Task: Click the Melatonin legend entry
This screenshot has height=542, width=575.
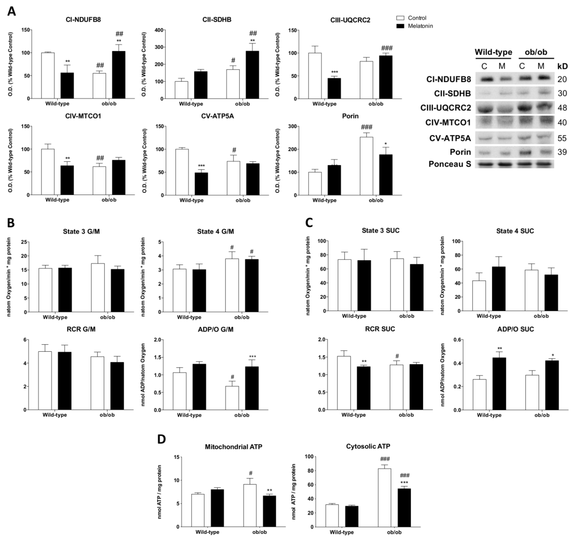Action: (420, 26)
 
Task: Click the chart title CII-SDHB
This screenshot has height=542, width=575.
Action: (217, 20)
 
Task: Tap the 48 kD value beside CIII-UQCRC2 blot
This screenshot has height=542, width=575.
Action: (562, 108)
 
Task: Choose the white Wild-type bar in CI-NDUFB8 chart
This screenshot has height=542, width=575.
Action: (48, 75)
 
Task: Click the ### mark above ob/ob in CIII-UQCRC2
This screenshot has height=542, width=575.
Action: (387, 48)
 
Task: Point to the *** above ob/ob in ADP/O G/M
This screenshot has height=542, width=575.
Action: (252, 357)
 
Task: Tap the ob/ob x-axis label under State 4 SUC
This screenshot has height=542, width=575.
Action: (541, 316)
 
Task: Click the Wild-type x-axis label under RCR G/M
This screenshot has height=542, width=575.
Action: (55, 415)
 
